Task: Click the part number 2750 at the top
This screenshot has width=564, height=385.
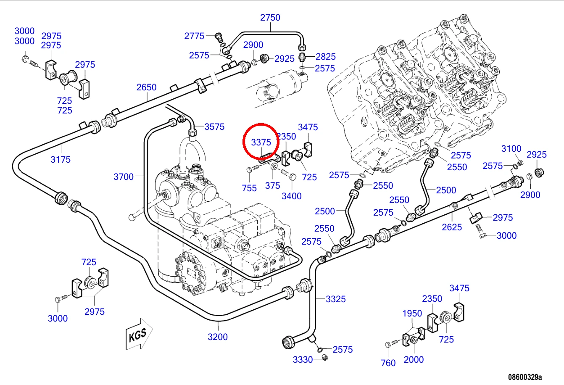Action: (x=270, y=18)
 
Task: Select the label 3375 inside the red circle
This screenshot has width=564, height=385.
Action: (x=261, y=142)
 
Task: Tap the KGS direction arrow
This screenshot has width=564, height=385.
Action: (x=139, y=334)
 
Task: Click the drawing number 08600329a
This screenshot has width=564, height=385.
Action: (x=525, y=377)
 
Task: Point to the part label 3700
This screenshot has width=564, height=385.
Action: (x=124, y=177)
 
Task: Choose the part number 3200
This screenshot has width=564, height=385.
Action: (x=218, y=337)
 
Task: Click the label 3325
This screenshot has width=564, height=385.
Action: (x=336, y=299)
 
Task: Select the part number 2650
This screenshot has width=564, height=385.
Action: (x=147, y=87)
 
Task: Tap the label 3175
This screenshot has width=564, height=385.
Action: (x=61, y=160)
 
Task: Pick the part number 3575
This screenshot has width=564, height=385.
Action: (x=214, y=127)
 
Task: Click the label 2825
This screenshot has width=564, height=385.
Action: (x=326, y=57)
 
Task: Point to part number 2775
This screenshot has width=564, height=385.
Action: (x=194, y=36)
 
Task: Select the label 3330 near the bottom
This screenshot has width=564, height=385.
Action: (x=303, y=360)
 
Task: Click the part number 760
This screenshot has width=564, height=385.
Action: (x=388, y=363)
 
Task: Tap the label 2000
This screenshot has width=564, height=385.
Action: (x=414, y=359)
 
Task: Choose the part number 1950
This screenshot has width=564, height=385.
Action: (x=412, y=314)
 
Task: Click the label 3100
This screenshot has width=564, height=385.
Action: (x=511, y=149)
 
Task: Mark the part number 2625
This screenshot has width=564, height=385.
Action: (x=452, y=227)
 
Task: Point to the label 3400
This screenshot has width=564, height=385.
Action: (x=292, y=196)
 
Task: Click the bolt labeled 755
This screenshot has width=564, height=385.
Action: (x=253, y=169)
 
